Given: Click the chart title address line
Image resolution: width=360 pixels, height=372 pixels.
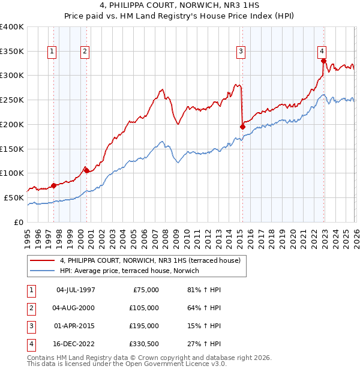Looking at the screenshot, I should tap(180, 6).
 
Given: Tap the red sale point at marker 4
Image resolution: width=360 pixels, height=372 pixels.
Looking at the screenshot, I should tap(323, 61).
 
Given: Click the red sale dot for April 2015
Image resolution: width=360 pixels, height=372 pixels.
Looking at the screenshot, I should tap(242, 127).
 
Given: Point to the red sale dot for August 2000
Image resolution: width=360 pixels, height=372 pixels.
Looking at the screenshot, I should tap(86, 170).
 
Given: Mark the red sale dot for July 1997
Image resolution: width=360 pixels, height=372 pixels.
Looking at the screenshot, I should tap(53, 185).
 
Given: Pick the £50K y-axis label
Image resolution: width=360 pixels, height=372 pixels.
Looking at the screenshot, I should tap(14, 197).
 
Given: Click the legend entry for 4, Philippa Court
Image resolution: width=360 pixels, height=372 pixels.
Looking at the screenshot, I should tap(149, 260).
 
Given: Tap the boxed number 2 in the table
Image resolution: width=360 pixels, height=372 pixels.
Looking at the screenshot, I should tap(31, 308).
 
